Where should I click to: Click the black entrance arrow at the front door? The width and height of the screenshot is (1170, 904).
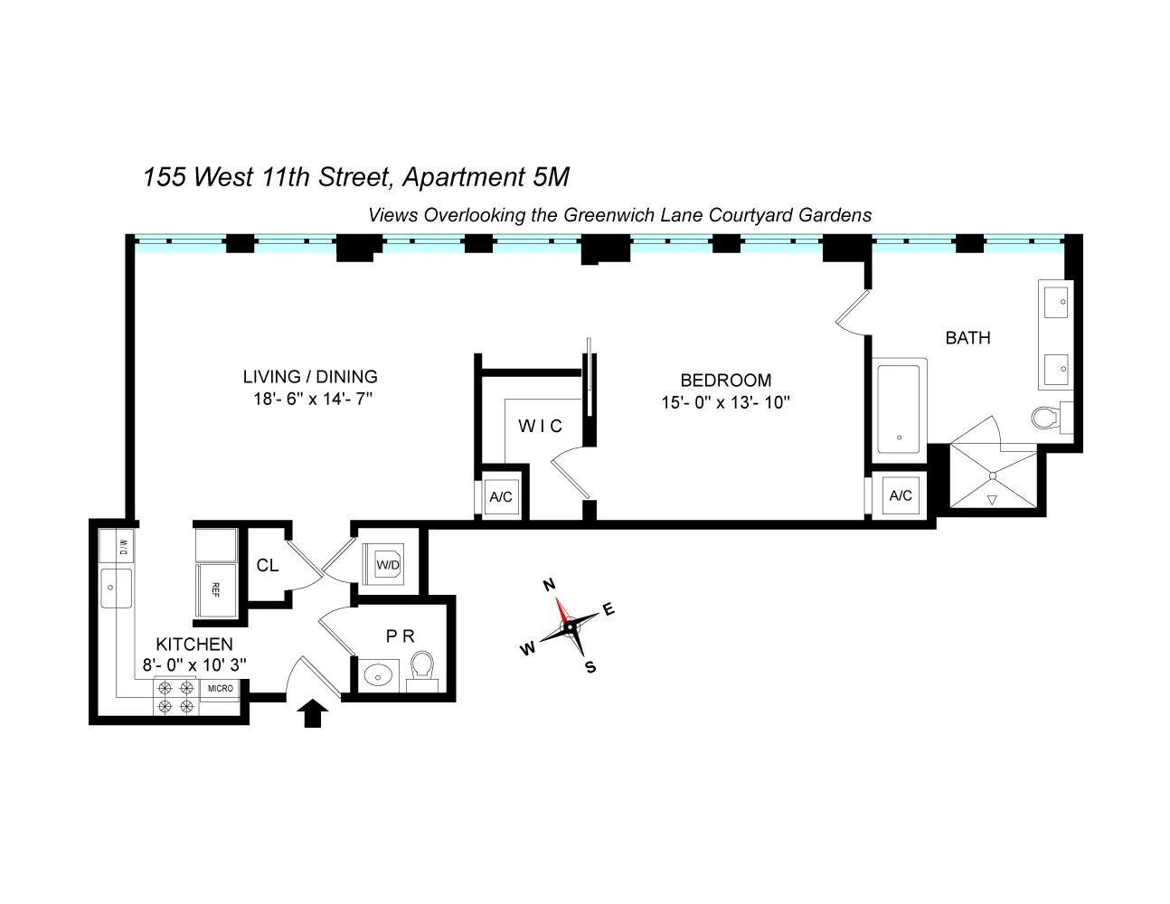pos(313,713)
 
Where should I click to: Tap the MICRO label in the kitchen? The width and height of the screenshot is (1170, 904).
pos(221,688)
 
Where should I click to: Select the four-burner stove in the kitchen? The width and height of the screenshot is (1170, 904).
pos(175,697)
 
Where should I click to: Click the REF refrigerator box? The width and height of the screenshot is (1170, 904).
pos(216,589)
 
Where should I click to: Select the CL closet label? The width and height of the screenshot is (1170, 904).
pos(267,566)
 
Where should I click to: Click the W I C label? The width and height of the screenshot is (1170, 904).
pos(540,426)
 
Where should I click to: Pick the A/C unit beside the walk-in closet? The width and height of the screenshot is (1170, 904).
pos(500,496)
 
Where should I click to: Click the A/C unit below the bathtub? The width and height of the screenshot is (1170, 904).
pos(900,495)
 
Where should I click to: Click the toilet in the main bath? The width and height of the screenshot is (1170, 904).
pos(1048,417)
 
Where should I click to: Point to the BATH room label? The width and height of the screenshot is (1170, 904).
pos(967,338)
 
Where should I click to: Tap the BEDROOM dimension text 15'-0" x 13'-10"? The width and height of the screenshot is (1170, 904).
pos(725,403)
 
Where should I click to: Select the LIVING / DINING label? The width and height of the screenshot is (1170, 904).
pos(310,377)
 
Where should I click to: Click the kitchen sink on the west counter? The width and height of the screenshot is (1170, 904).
pos(117,589)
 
